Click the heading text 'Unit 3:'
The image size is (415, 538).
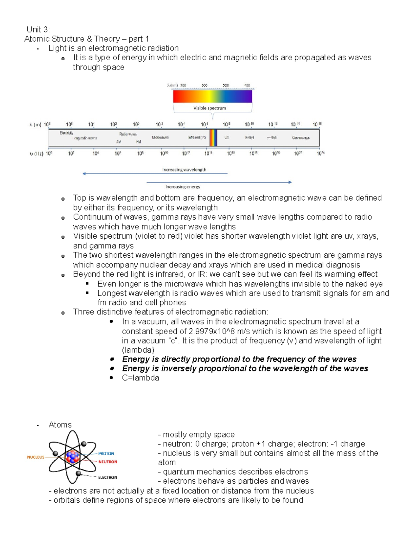tap(38, 29)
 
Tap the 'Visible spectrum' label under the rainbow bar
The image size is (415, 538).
tap(210, 108)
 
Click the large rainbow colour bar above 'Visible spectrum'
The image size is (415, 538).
tap(212, 96)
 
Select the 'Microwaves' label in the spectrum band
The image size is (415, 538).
tap(160, 138)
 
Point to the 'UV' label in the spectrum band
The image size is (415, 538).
tap(227, 138)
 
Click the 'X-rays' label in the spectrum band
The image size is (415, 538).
tap(249, 138)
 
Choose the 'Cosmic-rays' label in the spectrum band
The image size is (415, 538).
tap(301, 138)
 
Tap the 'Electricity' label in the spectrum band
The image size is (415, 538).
tap(66, 133)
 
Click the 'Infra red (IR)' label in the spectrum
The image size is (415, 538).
tap(197, 138)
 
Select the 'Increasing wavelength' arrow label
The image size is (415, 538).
tap(184, 169)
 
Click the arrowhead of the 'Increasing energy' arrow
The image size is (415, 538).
tap(290, 182)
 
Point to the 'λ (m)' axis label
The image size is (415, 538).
tap(35, 125)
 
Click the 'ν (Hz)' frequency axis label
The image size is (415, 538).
tap(36, 153)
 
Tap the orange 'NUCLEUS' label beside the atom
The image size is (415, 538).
tap(36, 457)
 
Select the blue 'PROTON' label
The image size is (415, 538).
tap(106, 453)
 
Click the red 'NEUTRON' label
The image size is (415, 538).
tap(108, 462)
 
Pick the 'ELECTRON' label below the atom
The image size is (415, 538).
tap(107, 477)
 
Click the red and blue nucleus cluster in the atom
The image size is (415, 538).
tap(72, 457)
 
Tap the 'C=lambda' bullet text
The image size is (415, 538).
tap(140, 378)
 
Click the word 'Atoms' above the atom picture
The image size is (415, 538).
tap(60, 425)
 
